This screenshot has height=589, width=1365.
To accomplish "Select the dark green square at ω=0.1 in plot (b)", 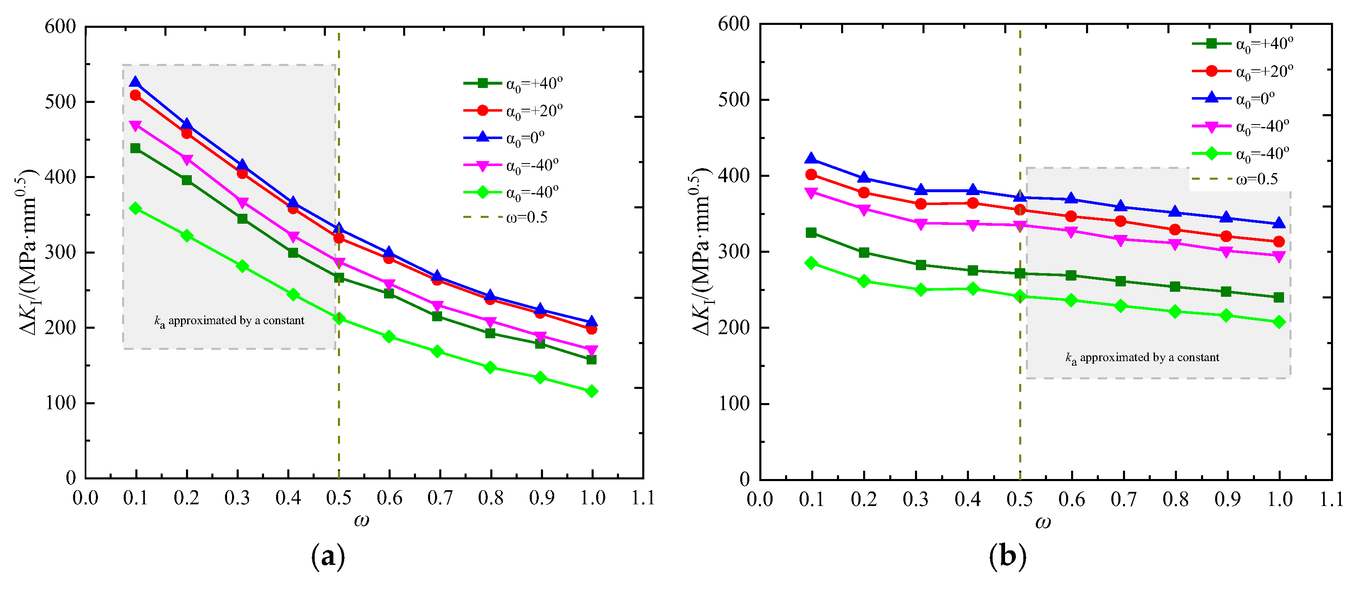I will (811, 232).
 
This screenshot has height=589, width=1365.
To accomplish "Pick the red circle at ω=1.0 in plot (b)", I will (1279, 242).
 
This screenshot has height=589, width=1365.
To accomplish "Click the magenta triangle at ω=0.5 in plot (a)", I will (339, 263).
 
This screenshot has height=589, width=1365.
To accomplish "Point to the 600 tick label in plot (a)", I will (60, 26).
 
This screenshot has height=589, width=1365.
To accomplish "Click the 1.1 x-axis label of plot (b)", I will (1331, 499).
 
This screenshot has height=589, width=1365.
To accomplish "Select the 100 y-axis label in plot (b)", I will (734, 403).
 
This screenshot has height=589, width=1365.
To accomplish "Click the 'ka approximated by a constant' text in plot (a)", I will (230, 320).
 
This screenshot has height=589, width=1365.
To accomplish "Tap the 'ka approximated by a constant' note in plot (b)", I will (1142, 357).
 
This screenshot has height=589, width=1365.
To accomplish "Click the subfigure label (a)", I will (328, 557).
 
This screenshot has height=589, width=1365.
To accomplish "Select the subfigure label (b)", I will (1007, 557).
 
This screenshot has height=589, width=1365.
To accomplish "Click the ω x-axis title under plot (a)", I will (362, 521).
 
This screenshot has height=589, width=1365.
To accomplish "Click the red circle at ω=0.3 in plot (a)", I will (242, 173).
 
